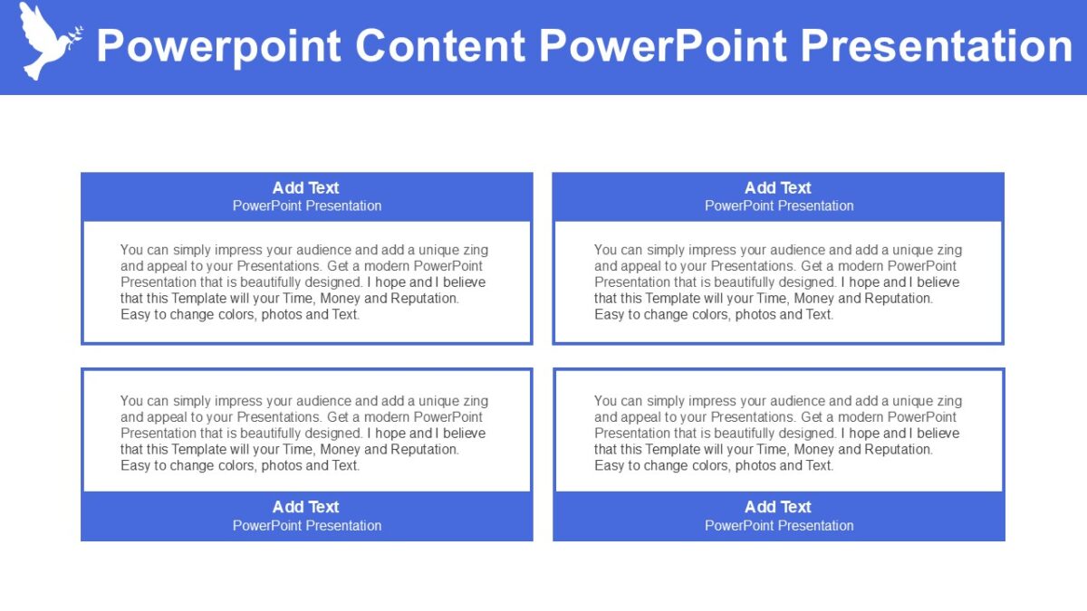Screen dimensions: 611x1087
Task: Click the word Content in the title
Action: pos(440,46)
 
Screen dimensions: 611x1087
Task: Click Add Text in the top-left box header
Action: pos(305,188)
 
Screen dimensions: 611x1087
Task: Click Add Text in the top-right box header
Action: pos(778,188)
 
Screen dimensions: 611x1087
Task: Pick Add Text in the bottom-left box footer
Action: pos(305,507)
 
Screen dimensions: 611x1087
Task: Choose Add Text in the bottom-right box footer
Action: pos(778,507)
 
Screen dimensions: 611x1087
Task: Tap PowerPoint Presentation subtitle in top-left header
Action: pos(307,206)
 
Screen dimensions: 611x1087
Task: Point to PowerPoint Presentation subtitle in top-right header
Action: pos(779,206)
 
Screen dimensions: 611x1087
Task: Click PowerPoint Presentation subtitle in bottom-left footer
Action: pos(307,526)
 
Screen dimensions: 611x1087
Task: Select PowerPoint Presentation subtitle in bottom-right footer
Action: pos(779,526)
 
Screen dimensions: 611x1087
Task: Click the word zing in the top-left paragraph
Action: pos(475,250)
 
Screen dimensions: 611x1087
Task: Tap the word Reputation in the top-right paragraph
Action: pos(899,299)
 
